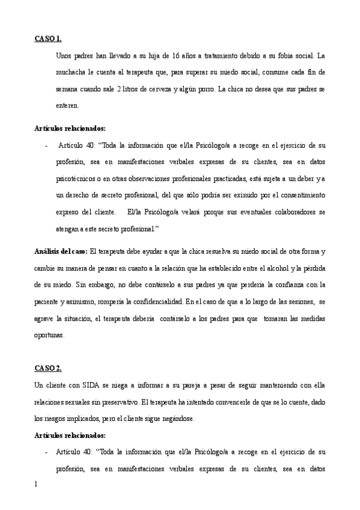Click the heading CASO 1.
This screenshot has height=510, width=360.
click(x=47, y=40)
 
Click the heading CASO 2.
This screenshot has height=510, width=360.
click(x=47, y=368)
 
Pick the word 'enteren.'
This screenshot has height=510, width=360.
click(x=67, y=106)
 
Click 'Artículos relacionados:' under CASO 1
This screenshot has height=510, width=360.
click(x=70, y=128)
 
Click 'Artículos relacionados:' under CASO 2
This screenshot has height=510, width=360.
click(x=70, y=435)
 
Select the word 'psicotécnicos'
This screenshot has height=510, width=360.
click(x=76, y=179)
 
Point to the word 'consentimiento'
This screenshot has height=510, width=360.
click(x=299, y=195)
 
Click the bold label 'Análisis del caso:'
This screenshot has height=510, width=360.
click(x=60, y=251)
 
